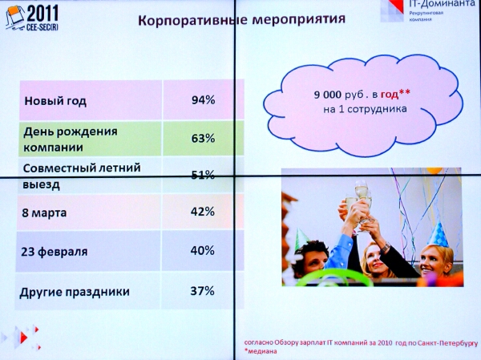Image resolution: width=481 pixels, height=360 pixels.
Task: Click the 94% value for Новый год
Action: (x=203, y=100)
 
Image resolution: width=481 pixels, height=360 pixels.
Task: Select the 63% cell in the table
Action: (x=203, y=139)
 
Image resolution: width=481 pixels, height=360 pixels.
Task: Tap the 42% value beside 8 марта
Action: (x=203, y=212)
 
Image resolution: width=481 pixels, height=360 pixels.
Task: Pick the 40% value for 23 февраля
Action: (x=203, y=250)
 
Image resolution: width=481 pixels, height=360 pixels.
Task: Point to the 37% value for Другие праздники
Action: (x=203, y=290)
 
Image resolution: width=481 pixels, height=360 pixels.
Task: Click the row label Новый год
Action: (x=55, y=101)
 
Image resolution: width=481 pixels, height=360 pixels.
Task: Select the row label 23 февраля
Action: (x=55, y=252)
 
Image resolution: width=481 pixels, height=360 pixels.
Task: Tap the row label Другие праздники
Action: (x=75, y=292)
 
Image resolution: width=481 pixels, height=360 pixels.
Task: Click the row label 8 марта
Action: (x=44, y=212)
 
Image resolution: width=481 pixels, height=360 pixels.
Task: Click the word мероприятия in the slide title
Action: (x=299, y=19)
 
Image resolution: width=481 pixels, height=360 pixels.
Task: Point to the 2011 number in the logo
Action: (x=42, y=14)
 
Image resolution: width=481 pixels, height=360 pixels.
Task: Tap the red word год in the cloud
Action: (x=390, y=95)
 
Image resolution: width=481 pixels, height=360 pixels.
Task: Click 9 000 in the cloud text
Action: (x=327, y=95)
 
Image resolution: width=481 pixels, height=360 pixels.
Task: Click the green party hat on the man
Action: (x=301, y=238)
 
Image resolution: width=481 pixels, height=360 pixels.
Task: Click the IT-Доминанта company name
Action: (x=442, y=4)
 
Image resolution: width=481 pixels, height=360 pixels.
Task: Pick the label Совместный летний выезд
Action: (x=82, y=176)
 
